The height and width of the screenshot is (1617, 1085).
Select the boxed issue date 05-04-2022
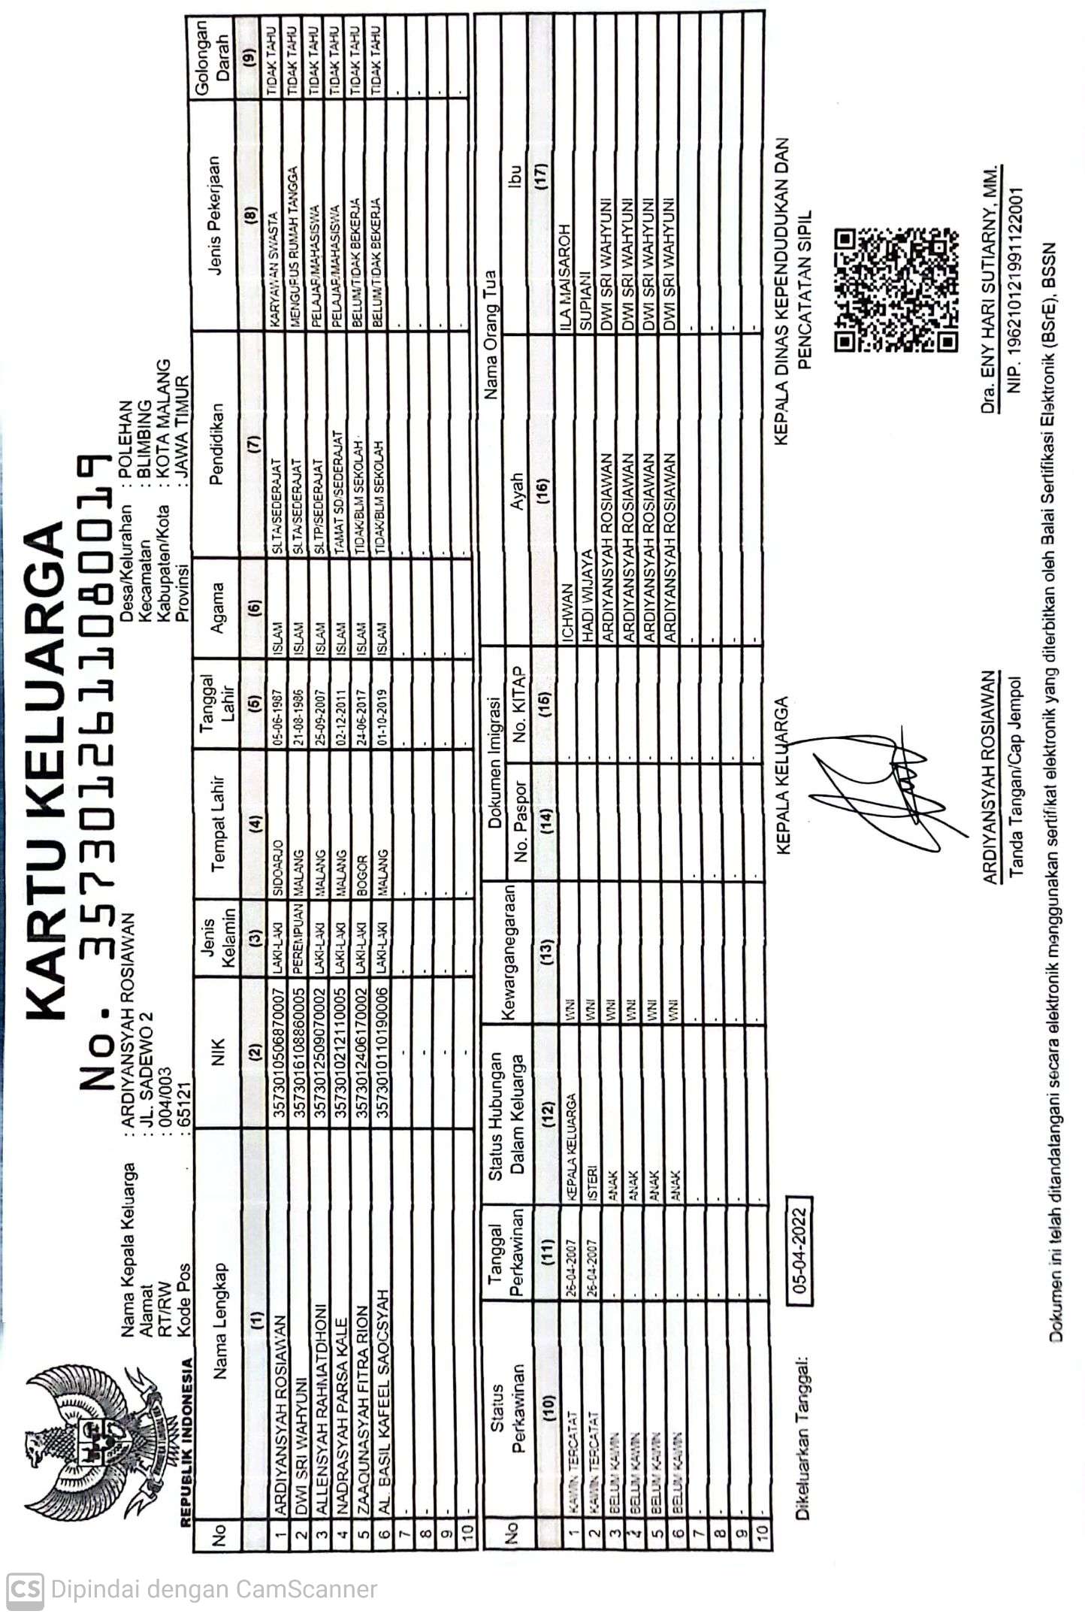pos(799,1249)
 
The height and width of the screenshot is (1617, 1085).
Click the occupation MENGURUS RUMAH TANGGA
pos(297,247)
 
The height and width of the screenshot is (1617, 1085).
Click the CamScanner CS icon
pos(25,1589)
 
